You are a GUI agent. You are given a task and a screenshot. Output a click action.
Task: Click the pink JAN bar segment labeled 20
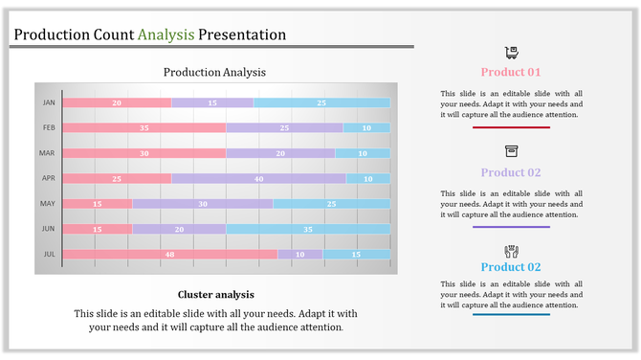click(117, 102)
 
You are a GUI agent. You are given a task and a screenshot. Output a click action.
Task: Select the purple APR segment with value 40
click(258, 178)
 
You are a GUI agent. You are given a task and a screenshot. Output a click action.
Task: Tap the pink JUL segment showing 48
click(170, 254)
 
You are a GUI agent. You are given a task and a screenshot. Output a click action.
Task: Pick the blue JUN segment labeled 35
click(307, 229)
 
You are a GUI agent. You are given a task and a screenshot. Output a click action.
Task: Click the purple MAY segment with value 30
click(202, 203)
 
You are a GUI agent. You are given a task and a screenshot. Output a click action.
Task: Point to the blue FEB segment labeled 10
click(366, 127)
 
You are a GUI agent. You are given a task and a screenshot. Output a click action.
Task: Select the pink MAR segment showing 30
click(144, 153)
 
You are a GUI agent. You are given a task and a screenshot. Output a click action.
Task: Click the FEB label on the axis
click(49, 127)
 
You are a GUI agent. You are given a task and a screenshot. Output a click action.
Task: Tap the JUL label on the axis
click(49, 254)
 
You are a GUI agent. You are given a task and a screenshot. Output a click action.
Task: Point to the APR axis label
click(49, 178)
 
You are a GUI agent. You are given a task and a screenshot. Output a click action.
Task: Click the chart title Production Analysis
click(214, 72)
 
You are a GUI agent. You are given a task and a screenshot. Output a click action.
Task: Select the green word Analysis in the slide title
click(166, 34)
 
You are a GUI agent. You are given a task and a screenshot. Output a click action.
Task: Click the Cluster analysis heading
click(215, 294)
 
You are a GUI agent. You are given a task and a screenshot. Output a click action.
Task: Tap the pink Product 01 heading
click(511, 72)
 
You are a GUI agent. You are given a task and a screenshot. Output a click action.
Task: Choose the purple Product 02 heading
click(511, 172)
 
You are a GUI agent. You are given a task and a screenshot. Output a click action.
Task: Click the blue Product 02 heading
click(511, 267)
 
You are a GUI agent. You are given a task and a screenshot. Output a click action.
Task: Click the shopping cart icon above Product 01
click(511, 53)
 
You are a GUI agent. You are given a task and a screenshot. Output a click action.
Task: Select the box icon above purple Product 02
click(511, 151)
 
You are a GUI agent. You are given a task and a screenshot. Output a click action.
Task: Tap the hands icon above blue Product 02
click(511, 250)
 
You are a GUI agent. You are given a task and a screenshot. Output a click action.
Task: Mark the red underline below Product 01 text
click(511, 127)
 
